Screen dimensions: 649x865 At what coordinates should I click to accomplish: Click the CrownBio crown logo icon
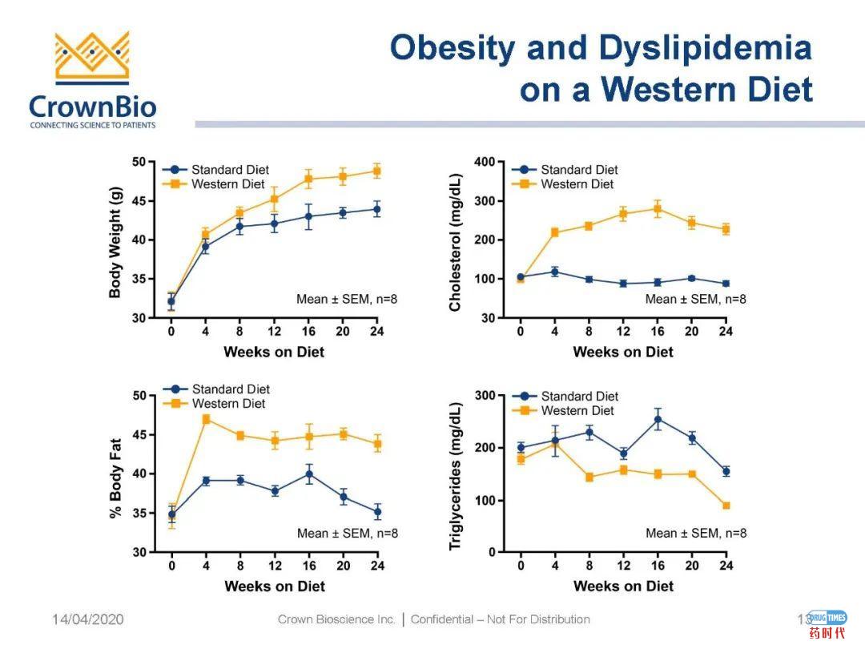click(91, 58)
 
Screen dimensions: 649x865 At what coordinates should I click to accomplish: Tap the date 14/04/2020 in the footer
click(88, 619)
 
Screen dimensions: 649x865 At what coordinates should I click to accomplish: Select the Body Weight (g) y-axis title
click(115, 240)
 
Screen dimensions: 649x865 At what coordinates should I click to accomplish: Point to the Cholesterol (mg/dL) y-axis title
click(456, 241)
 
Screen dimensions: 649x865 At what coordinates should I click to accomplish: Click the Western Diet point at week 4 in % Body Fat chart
click(206, 419)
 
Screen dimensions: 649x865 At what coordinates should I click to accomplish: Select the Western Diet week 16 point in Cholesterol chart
click(658, 209)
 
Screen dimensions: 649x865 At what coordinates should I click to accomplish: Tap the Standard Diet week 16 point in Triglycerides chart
click(658, 419)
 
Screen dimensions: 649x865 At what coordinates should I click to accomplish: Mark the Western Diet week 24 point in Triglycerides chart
click(726, 506)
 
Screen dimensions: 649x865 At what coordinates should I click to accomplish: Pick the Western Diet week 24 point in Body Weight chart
click(376, 171)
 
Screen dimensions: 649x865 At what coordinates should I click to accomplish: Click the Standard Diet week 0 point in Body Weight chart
click(171, 302)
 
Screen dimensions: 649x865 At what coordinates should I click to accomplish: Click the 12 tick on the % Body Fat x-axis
click(274, 566)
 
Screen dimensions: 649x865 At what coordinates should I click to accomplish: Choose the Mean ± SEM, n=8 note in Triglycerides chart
click(695, 533)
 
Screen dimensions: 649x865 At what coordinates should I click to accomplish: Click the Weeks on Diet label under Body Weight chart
click(274, 352)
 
